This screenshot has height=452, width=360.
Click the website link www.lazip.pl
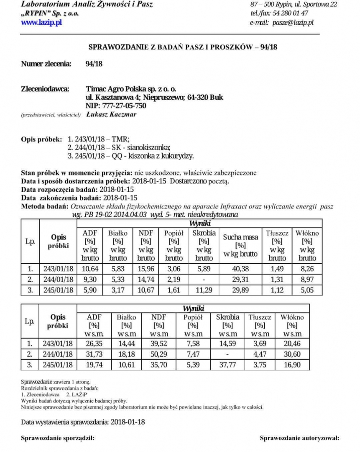41,22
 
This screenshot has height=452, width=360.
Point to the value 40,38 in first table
240,268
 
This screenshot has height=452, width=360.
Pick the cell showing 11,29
204,289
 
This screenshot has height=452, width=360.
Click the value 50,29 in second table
158,354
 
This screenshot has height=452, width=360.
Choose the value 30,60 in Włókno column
292,354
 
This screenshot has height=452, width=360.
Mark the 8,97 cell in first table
307,279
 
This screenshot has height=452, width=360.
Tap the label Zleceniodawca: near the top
45,89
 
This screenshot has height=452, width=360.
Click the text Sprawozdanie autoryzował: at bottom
299,438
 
